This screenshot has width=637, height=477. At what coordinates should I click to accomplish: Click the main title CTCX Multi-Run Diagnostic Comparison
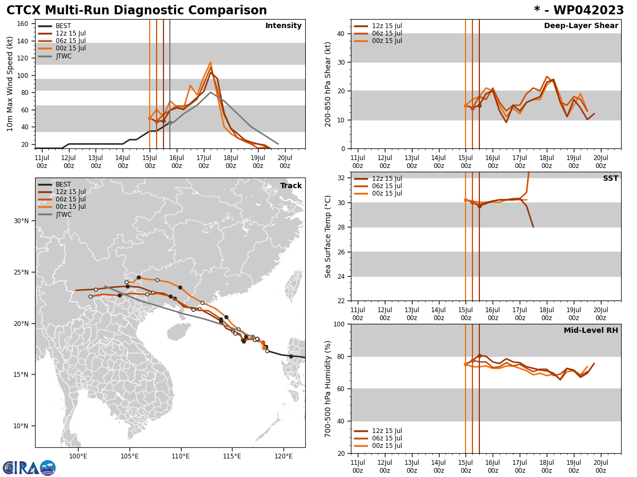click(x=136, y=11)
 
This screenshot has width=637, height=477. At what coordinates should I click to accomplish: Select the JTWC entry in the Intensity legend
click(x=63, y=56)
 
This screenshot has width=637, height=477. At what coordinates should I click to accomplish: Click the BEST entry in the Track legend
click(x=63, y=184)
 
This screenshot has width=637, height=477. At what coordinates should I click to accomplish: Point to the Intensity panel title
click(x=283, y=26)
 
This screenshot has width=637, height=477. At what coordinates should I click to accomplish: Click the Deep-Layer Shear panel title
click(x=581, y=26)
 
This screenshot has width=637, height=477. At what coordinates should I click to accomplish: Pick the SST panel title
click(x=610, y=179)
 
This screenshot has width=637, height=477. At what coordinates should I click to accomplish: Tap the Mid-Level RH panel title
click(x=591, y=331)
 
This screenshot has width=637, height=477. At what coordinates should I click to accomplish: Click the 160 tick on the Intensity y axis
click(x=23, y=24)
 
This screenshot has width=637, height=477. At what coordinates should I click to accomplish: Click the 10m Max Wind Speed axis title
click(x=11, y=84)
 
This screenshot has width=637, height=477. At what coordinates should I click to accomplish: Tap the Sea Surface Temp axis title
click(x=328, y=236)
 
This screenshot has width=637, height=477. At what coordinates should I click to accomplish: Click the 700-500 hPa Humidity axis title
click(x=328, y=388)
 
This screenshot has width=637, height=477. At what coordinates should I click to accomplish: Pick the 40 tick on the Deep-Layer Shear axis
click(x=340, y=33)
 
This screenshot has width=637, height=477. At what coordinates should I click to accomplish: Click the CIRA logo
click(x=29, y=467)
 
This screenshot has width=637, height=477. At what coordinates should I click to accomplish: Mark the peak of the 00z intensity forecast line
click(x=210, y=62)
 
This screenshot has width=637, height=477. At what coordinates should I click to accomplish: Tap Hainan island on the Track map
click(x=178, y=332)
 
